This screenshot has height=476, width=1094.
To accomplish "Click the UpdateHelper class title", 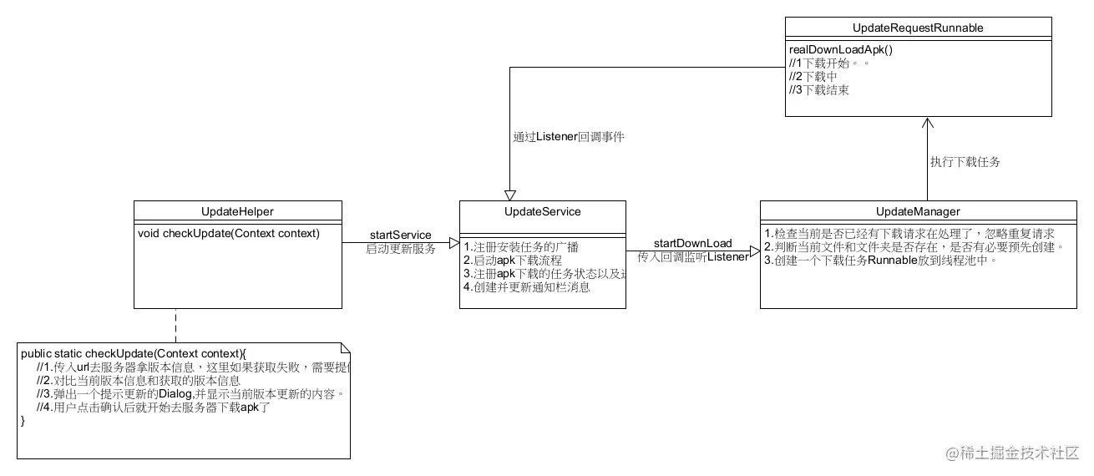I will [238, 211].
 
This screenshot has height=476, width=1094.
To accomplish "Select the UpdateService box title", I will [543, 211].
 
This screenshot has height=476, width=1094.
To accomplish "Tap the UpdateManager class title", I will [918, 211].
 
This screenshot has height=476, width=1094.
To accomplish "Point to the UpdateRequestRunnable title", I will [918, 28].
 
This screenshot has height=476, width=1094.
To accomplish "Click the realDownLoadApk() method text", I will [841, 49].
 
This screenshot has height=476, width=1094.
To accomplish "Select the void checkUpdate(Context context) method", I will [229, 233].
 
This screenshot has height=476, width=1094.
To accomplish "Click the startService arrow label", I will [400, 235].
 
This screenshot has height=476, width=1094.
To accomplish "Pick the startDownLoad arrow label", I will [692, 243].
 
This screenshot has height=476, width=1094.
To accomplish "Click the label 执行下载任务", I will [965, 162].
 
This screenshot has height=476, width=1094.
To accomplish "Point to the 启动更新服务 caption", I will [400, 249].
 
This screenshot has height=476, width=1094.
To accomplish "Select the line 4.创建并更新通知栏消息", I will [527, 287].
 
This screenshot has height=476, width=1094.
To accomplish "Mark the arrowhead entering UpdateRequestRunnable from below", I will [926, 123].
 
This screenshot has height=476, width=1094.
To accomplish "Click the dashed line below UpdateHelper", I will [176, 325].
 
